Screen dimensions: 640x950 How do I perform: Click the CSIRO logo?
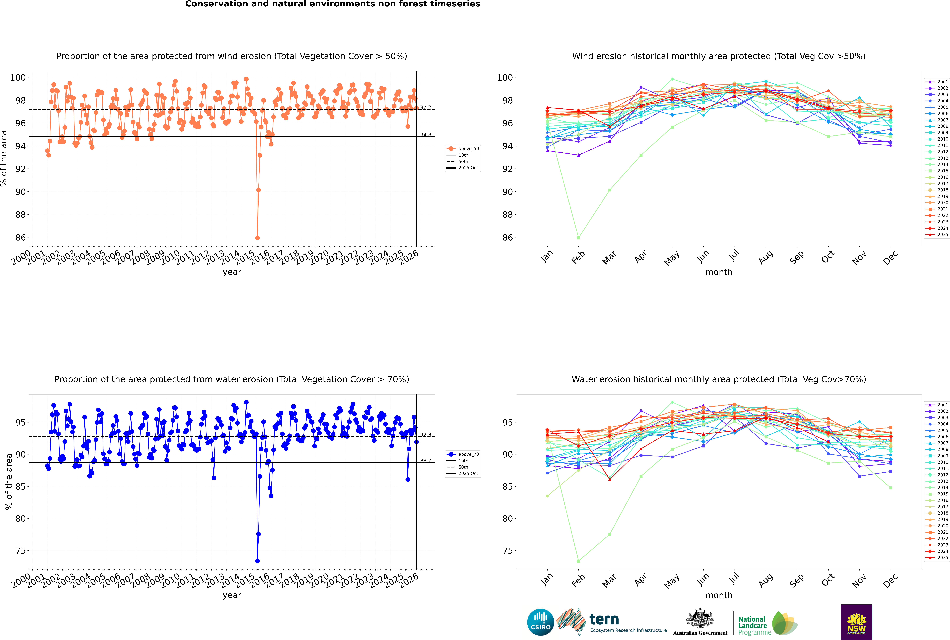pos(540,622)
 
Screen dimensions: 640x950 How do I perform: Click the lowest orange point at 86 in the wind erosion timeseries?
pos(257,238)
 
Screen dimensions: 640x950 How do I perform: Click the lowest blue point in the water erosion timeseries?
pos(257,561)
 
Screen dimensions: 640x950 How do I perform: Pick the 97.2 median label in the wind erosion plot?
pos(426,107)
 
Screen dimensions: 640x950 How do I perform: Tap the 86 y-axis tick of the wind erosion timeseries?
pos(20,238)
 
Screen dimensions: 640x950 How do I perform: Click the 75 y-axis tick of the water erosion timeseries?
pos(20,551)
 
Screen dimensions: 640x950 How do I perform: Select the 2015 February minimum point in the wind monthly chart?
pos(578,238)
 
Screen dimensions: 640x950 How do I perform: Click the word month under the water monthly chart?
pos(719,595)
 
